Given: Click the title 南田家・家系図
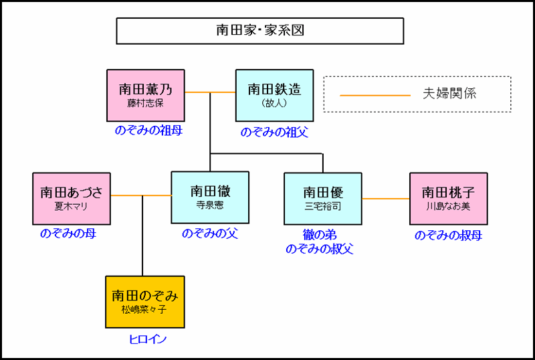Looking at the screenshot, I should tap(259, 31).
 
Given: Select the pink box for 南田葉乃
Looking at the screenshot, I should tap(145, 95).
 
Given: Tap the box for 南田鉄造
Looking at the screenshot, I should tap(274, 95).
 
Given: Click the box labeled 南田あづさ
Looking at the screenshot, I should tap(72, 198).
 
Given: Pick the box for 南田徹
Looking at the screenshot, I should tap(210, 197).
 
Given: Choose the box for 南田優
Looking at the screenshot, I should tap(322, 198).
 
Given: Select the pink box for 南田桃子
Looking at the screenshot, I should tap(448, 198).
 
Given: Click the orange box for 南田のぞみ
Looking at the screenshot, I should tap(145, 302).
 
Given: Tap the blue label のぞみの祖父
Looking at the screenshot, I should tap(274, 132).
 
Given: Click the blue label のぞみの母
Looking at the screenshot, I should tap(68, 234).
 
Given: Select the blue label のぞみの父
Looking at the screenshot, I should tap(210, 234).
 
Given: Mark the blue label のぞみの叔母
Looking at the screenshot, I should tap(448, 235).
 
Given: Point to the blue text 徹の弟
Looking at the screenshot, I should tap(320, 236).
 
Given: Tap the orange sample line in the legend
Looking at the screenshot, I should tap(374, 95).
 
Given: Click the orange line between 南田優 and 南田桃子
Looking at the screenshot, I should tap(386, 199).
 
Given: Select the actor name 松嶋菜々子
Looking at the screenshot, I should tap(145, 310).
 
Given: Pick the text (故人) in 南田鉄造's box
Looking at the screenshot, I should tap(274, 103).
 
